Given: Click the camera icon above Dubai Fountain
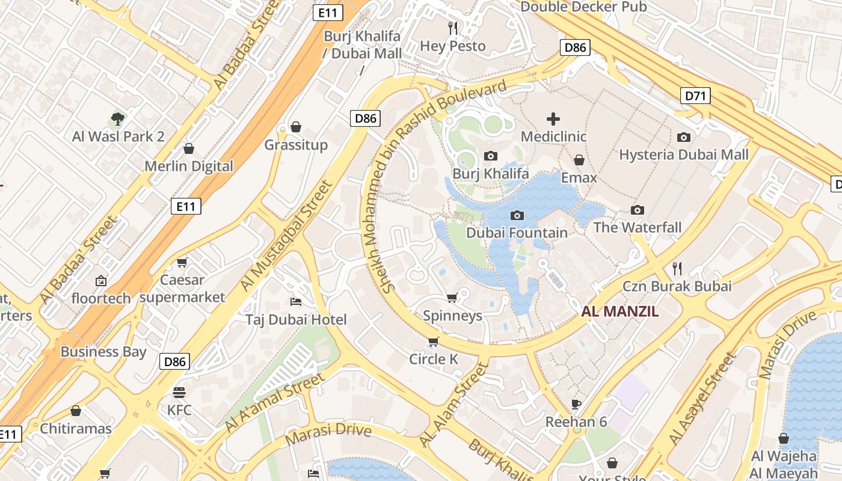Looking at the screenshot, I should (517, 215).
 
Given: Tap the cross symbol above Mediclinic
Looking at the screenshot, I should (553, 119).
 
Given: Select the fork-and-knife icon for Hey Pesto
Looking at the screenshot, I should (453, 28).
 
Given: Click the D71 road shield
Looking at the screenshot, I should (696, 95).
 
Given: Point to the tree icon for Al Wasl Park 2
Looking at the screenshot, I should (118, 118).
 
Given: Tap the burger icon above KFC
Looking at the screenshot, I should (179, 393).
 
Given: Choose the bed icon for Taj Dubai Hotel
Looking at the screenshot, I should (296, 301).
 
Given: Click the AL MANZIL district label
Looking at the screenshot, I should (619, 311).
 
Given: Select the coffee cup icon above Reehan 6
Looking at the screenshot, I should (576, 403).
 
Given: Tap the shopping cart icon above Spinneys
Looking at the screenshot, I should (452, 298).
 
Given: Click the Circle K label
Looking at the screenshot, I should (434, 360).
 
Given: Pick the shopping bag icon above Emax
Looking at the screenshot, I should (579, 160).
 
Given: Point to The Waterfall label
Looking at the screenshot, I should (638, 227).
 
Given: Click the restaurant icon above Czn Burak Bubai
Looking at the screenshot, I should (677, 268).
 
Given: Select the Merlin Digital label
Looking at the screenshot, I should (189, 167).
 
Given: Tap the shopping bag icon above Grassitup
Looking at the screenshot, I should (296, 127).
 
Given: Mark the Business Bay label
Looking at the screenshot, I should (103, 352).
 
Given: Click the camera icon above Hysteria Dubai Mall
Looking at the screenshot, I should (684, 137).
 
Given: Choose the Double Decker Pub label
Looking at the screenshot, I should (583, 7).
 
